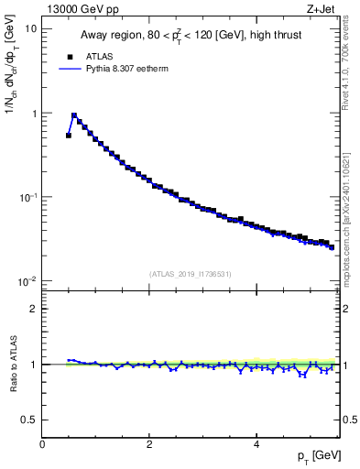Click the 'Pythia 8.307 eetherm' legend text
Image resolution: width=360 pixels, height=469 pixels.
click(x=120, y=69)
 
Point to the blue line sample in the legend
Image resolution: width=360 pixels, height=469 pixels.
click(x=70, y=69)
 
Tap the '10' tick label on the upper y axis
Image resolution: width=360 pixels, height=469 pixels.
click(x=30, y=28)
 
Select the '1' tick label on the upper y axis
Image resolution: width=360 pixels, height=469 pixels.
click(x=33, y=113)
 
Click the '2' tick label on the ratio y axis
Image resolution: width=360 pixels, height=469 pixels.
click(x=33, y=309)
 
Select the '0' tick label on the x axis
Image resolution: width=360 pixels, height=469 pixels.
click(x=42, y=444)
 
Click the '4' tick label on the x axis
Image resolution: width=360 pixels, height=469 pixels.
click(x=256, y=444)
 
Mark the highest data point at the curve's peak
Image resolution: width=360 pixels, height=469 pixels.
click(x=74, y=116)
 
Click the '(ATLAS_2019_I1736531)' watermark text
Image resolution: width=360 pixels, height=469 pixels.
click(x=191, y=274)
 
